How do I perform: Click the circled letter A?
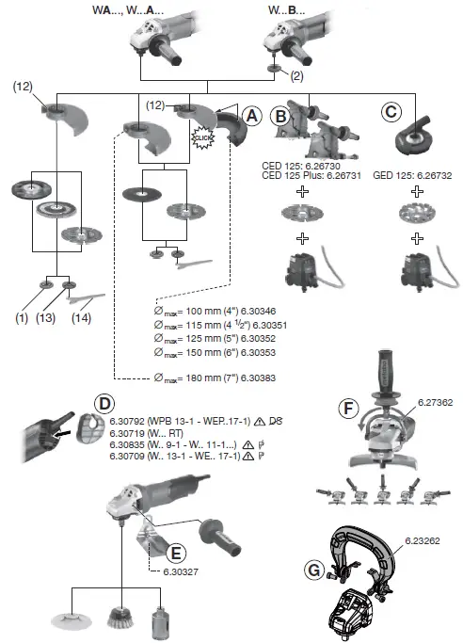click(x=250, y=116)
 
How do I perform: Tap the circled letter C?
click(x=391, y=111)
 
